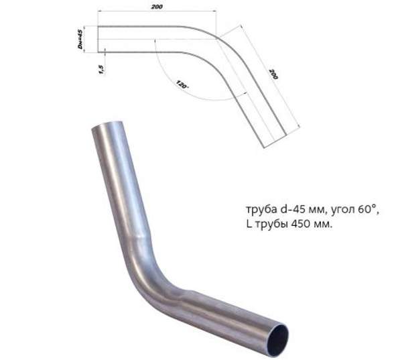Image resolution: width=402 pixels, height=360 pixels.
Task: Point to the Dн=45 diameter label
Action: [80, 38]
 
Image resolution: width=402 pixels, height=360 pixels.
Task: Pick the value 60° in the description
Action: [364, 208]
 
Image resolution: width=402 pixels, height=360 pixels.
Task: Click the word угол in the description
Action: [339, 209]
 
